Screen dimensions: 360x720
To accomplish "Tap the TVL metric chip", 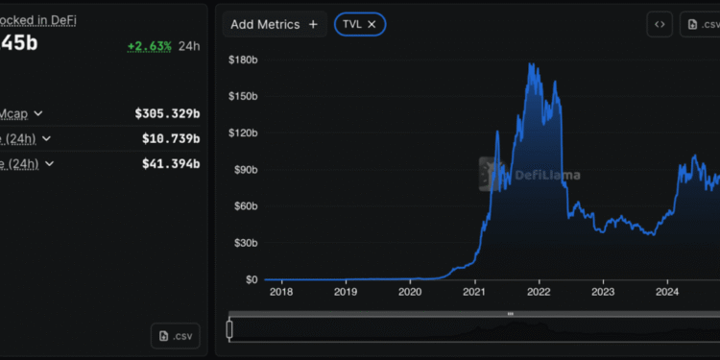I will (x=359, y=24).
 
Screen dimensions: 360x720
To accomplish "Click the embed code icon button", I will (x=660, y=25).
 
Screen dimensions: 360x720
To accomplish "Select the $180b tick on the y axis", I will (x=243, y=60).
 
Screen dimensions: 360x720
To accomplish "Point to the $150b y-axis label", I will (x=243, y=97).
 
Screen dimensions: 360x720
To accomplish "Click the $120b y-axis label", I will (x=243, y=133).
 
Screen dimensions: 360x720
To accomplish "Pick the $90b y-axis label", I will (x=245, y=170).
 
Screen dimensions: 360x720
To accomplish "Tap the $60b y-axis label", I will (x=245, y=206).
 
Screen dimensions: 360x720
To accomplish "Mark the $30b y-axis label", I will (x=245, y=243).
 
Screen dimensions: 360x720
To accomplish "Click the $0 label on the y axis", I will (x=251, y=279).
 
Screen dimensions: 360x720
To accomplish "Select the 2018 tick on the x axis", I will (x=281, y=292).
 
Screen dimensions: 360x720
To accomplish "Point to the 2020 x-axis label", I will (x=410, y=292).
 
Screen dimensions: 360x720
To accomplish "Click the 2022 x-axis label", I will (x=539, y=292).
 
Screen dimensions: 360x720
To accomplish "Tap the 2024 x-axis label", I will (x=667, y=292).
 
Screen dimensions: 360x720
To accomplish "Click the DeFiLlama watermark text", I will (x=546, y=175).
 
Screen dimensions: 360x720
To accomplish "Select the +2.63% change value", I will (x=149, y=45).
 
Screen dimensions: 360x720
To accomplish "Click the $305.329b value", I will (x=167, y=112).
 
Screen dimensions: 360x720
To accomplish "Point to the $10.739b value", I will (x=171, y=138).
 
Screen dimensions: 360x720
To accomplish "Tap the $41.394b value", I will (x=171, y=164).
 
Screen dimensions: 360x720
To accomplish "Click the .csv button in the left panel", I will (x=176, y=336).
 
